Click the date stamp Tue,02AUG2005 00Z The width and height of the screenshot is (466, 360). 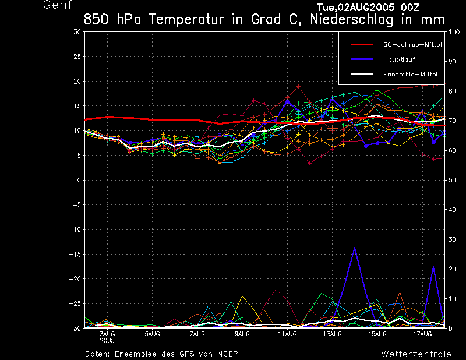pyautogui.click(x=368, y=7)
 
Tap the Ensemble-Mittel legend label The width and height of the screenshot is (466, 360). pyautogui.click(x=409, y=74)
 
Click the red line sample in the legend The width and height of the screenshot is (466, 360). pyautogui.click(x=361, y=44)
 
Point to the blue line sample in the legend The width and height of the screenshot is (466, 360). pyautogui.click(x=361, y=59)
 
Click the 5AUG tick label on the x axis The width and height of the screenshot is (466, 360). pyautogui.click(x=152, y=334)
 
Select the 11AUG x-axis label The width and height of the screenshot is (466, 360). pyautogui.click(x=287, y=334)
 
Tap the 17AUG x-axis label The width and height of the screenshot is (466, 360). pyautogui.click(x=422, y=334)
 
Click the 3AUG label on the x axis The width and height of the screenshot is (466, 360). pyautogui.click(x=107, y=334)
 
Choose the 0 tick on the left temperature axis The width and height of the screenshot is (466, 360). pyautogui.click(x=79, y=181)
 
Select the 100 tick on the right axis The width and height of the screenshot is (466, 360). pyautogui.click(x=452, y=32)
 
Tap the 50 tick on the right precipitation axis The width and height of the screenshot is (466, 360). pyautogui.click(x=450, y=181)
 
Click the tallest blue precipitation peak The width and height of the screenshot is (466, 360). pyautogui.click(x=354, y=248)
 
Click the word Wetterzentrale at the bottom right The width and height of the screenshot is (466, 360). pyautogui.click(x=415, y=354)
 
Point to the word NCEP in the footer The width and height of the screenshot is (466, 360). pyautogui.click(x=227, y=354)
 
